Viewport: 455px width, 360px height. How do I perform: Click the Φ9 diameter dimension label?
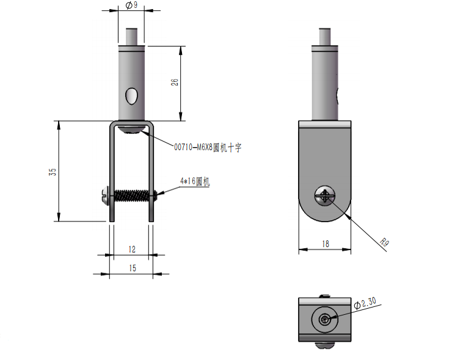pos(131,5)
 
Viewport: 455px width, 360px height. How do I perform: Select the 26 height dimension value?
pos(175,82)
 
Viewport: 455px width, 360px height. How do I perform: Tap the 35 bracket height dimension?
pos(53,172)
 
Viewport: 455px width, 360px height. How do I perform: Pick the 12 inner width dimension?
pos(132,250)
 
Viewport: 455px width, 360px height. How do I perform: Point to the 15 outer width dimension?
pos(133,268)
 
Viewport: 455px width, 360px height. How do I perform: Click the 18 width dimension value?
pos(326,244)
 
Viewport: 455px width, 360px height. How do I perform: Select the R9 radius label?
pos(385,242)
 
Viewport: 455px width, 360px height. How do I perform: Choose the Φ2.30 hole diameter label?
pos(365,303)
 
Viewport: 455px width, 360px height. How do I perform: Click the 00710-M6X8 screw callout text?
pos(208,148)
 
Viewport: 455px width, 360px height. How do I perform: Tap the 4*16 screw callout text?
pos(195,181)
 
